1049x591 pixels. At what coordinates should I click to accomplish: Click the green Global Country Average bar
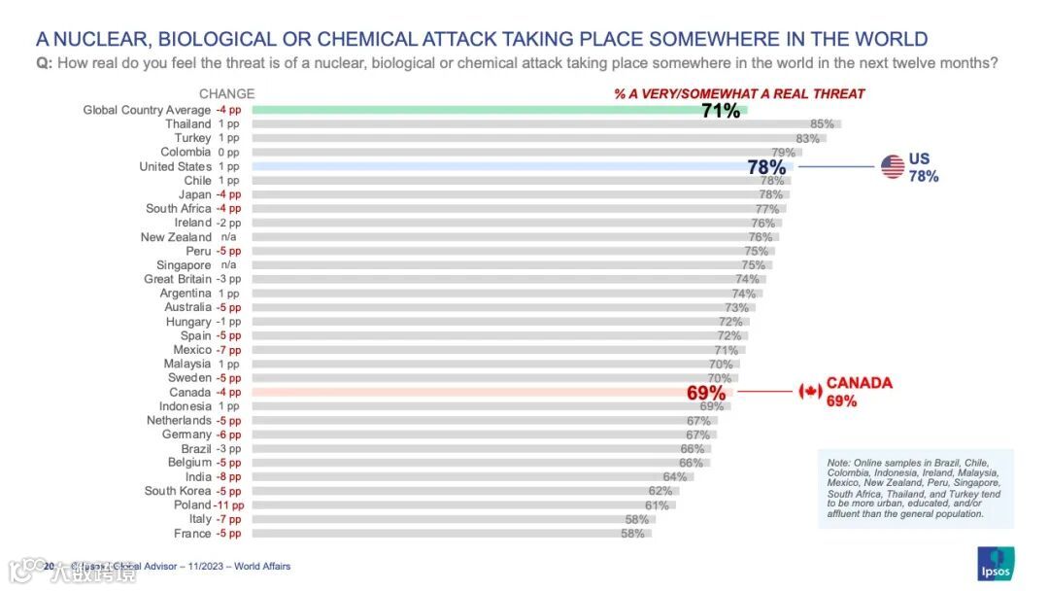click(486, 110)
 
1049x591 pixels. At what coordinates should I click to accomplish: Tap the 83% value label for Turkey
click(808, 138)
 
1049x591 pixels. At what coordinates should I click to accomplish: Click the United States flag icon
click(893, 167)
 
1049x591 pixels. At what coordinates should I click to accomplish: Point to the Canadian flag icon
click(810, 392)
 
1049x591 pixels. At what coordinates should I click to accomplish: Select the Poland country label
click(192, 504)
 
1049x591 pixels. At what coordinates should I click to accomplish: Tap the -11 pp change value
click(229, 504)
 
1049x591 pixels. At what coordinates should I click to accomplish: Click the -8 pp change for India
click(229, 476)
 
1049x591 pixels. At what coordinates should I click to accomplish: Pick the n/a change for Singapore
click(229, 265)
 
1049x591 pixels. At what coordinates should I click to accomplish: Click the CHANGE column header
click(226, 94)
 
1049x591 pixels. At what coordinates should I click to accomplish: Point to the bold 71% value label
click(721, 111)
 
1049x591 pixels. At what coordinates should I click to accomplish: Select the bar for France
click(447, 534)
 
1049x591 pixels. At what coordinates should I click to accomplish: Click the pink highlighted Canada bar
click(466, 393)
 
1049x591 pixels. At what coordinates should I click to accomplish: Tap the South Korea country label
click(178, 491)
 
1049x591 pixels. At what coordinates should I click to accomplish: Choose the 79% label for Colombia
click(783, 153)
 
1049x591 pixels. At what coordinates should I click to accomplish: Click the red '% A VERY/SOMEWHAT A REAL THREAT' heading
click(738, 94)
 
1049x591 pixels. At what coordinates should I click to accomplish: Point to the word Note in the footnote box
click(838, 463)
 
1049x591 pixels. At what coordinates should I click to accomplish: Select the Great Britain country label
click(178, 279)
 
